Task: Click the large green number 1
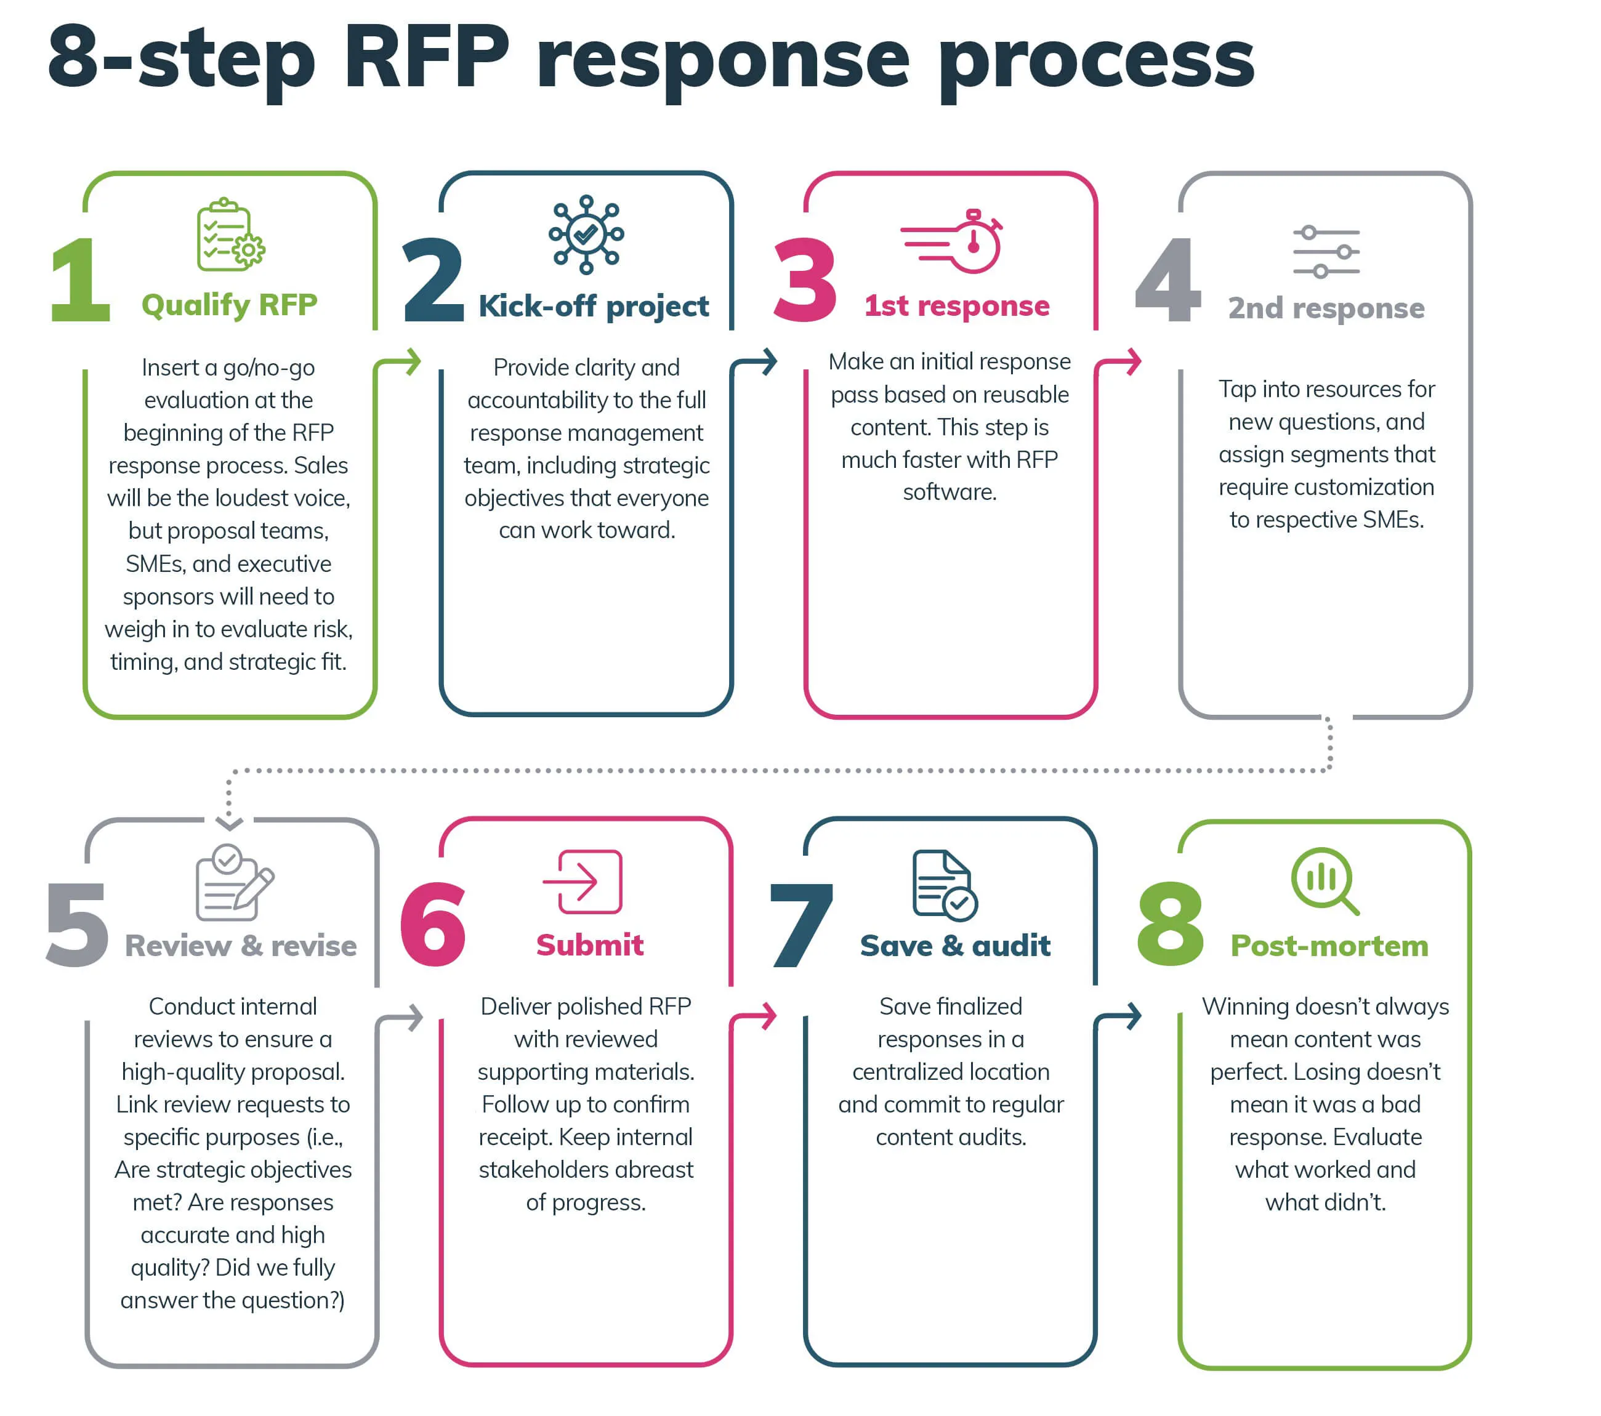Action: point(80,280)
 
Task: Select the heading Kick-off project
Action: point(593,305)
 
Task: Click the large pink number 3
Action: point(804,280)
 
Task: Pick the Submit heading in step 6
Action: point(589,944)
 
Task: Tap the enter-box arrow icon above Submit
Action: point(584,881)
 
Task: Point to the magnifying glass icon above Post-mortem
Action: point(1325,880)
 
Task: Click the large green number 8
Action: point(1170,923)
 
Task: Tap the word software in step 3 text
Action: point(950,492)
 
